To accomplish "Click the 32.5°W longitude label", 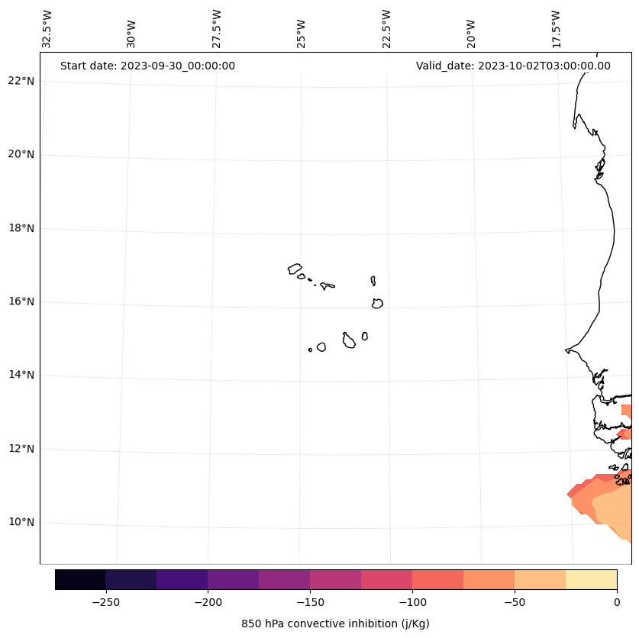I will [x=47, y=29].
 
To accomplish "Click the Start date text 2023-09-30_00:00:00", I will [x=147, y=66].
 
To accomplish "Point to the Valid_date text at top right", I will [x=513, y=66].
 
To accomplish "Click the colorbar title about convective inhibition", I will [x=335, y=623].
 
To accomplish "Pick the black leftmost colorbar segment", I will [x=80, y=579].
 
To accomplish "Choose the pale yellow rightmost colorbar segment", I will [x=591, y=579].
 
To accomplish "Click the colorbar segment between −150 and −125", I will [x=335, y=579].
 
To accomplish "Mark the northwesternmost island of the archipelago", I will [x=295, y=269].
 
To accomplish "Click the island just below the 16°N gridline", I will [x=377, y=303].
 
